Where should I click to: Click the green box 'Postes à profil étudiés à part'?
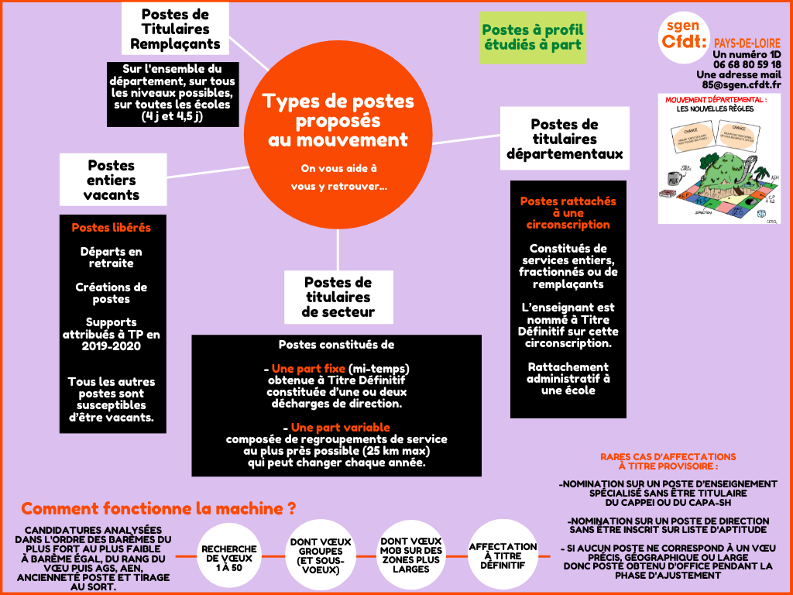click(x=532, y=38)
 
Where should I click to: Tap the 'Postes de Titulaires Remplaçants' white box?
click(x=175, y=29)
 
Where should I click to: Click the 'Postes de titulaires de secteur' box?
click(x=338, y=297)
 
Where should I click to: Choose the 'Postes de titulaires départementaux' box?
click(x=564, y=139)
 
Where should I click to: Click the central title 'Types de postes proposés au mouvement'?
click(x=338, y=120)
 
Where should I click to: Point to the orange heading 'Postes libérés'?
click(x=112, y=228)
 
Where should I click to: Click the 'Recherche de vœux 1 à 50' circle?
click(x=229, y=555)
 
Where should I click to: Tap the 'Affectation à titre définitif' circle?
click(x=503, y=555)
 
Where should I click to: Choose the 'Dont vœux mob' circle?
click(x=412, y=555)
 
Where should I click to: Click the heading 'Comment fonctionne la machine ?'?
click(x=159, y=509)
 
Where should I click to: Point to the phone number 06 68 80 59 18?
click(x=742, y=64)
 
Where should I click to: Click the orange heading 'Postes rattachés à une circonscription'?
click(x=568, y=212)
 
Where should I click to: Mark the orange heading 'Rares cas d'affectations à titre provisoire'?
click(x=668, y=462)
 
